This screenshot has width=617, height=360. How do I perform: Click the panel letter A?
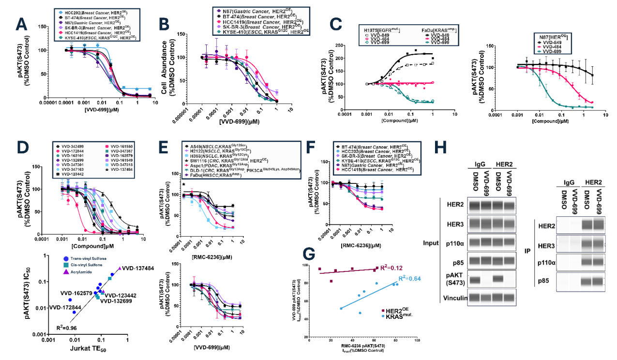21,24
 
